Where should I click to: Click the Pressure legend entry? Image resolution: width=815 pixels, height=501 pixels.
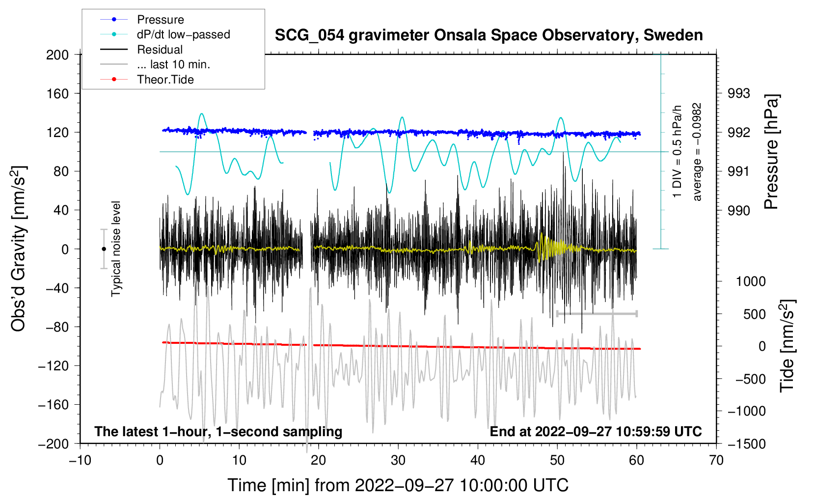click(160, 20)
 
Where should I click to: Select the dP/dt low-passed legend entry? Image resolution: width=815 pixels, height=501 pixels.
click(183, 34)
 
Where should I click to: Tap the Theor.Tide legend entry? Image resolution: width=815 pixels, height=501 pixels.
click(165, 80)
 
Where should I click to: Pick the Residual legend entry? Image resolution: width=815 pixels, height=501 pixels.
click(160, 50)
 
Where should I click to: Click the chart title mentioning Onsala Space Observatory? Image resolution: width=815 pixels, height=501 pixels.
click(489, 35)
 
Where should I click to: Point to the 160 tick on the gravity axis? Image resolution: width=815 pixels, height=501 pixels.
click(57, 93)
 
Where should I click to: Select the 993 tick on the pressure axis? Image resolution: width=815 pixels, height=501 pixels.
click(739, 93)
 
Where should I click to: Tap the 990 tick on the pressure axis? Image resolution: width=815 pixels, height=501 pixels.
click(739, 211)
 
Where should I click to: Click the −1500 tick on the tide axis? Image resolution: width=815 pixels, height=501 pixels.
click(747, 444)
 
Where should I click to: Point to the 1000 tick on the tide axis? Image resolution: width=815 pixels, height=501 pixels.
click(750, 281)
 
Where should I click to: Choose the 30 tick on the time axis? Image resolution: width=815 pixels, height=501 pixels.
click(398, 460)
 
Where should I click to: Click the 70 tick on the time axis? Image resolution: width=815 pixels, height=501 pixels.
click(716, 460)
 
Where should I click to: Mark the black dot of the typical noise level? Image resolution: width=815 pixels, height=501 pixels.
click(104, 249)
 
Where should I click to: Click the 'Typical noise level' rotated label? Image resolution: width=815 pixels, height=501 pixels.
click(116, 249)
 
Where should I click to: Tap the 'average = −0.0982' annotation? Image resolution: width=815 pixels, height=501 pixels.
click(697, 152)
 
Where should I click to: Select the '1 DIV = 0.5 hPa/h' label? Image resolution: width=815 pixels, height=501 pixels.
click(678, 152)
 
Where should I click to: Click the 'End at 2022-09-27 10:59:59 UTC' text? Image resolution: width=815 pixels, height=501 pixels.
click(596, 432)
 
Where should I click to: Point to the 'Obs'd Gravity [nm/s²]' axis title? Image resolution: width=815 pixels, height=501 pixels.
click(19, 249)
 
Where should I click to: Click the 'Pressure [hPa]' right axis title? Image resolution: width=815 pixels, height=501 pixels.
click(772, 152)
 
